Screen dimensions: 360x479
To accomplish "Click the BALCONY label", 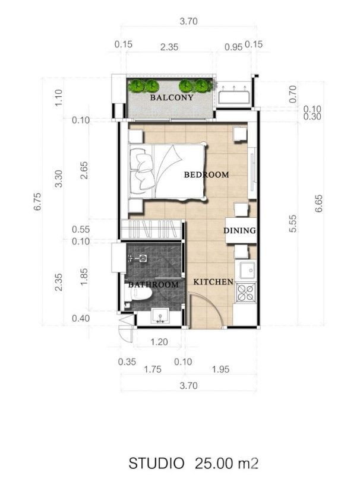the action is tap(172, 97).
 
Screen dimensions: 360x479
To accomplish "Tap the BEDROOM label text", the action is tap(207, 175).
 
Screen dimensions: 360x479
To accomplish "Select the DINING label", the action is tap(239, 230).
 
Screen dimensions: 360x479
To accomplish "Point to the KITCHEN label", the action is tap(213, 282).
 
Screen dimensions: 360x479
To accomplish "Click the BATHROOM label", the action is tap(153, 285).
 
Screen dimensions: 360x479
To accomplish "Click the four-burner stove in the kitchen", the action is tap(247, 293).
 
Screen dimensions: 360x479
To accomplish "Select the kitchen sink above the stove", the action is tap(248, 270).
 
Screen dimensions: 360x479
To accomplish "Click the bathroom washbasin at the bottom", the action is tap(160, 316).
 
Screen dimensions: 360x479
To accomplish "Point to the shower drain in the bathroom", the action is tap(143, 258).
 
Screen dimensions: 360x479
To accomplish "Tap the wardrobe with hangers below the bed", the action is tap(152, 229).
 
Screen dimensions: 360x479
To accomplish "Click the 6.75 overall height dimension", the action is tap(37, 202).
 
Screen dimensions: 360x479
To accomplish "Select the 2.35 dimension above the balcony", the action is tap(169, 47).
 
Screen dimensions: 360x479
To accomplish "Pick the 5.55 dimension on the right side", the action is tap(293, 224).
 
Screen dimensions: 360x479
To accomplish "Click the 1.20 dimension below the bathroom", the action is tap(159, 341).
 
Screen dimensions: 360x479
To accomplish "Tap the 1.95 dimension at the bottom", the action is tap(220, 369).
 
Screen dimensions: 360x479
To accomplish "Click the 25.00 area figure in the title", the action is tap(214, 464).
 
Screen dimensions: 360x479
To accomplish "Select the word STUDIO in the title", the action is tap(157, 464).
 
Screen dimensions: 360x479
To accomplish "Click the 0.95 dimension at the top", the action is tap(233, 47).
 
